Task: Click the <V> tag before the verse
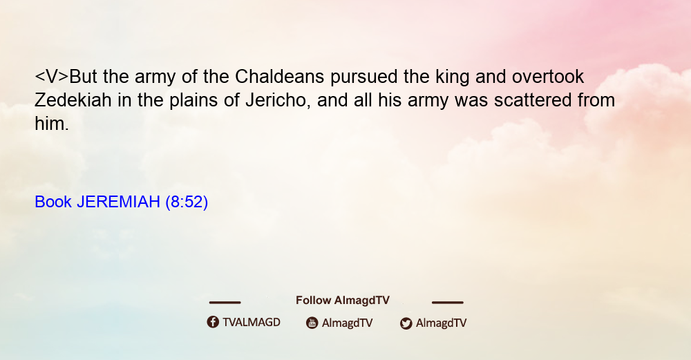(x=52, y=77)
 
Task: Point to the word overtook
(x=548, y=77)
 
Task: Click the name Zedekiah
(x=73, y=100)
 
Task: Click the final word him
(x=52, y=124)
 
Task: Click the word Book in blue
(x=53, y=202)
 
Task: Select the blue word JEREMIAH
(x=119, y=202)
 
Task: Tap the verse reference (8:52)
(x=187, y=202)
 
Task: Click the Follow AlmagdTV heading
(x=343, y=301)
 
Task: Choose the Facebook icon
(x=213, y=322)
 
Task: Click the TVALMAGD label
(x=252, y=322)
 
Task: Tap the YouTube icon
(x=312, y=323)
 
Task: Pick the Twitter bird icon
(x=406, y=323)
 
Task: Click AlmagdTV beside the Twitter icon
(x=441, y=323)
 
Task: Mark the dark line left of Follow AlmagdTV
(x=225, y=303)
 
